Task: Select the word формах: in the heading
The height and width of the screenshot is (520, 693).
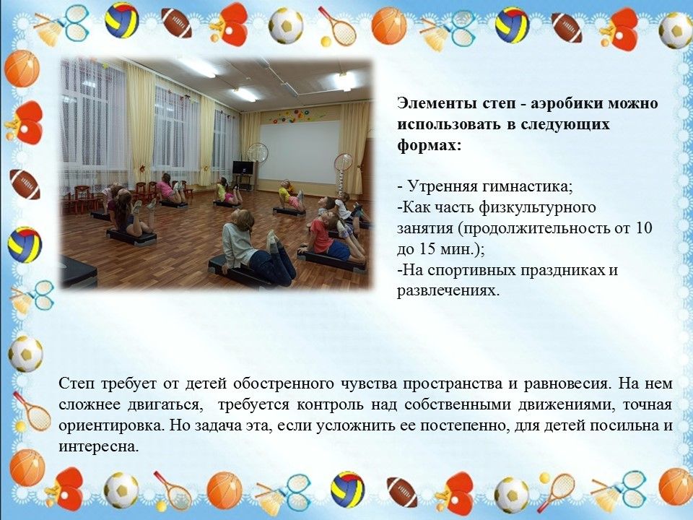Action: pos(429,145)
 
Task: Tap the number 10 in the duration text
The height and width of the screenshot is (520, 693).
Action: pos(644,228)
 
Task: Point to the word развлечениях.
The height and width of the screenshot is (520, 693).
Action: pos(448,291)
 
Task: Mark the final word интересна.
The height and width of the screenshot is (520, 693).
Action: pos(99,446)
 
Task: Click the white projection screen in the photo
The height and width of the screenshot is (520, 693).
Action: pos(299,152)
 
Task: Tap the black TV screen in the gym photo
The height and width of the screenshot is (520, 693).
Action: pos(243,168)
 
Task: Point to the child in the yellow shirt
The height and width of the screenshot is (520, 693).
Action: pos(290,196)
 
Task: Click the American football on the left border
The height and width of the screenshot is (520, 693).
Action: pos(25,184)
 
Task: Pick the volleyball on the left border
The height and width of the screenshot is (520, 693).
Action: pos(25,245)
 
